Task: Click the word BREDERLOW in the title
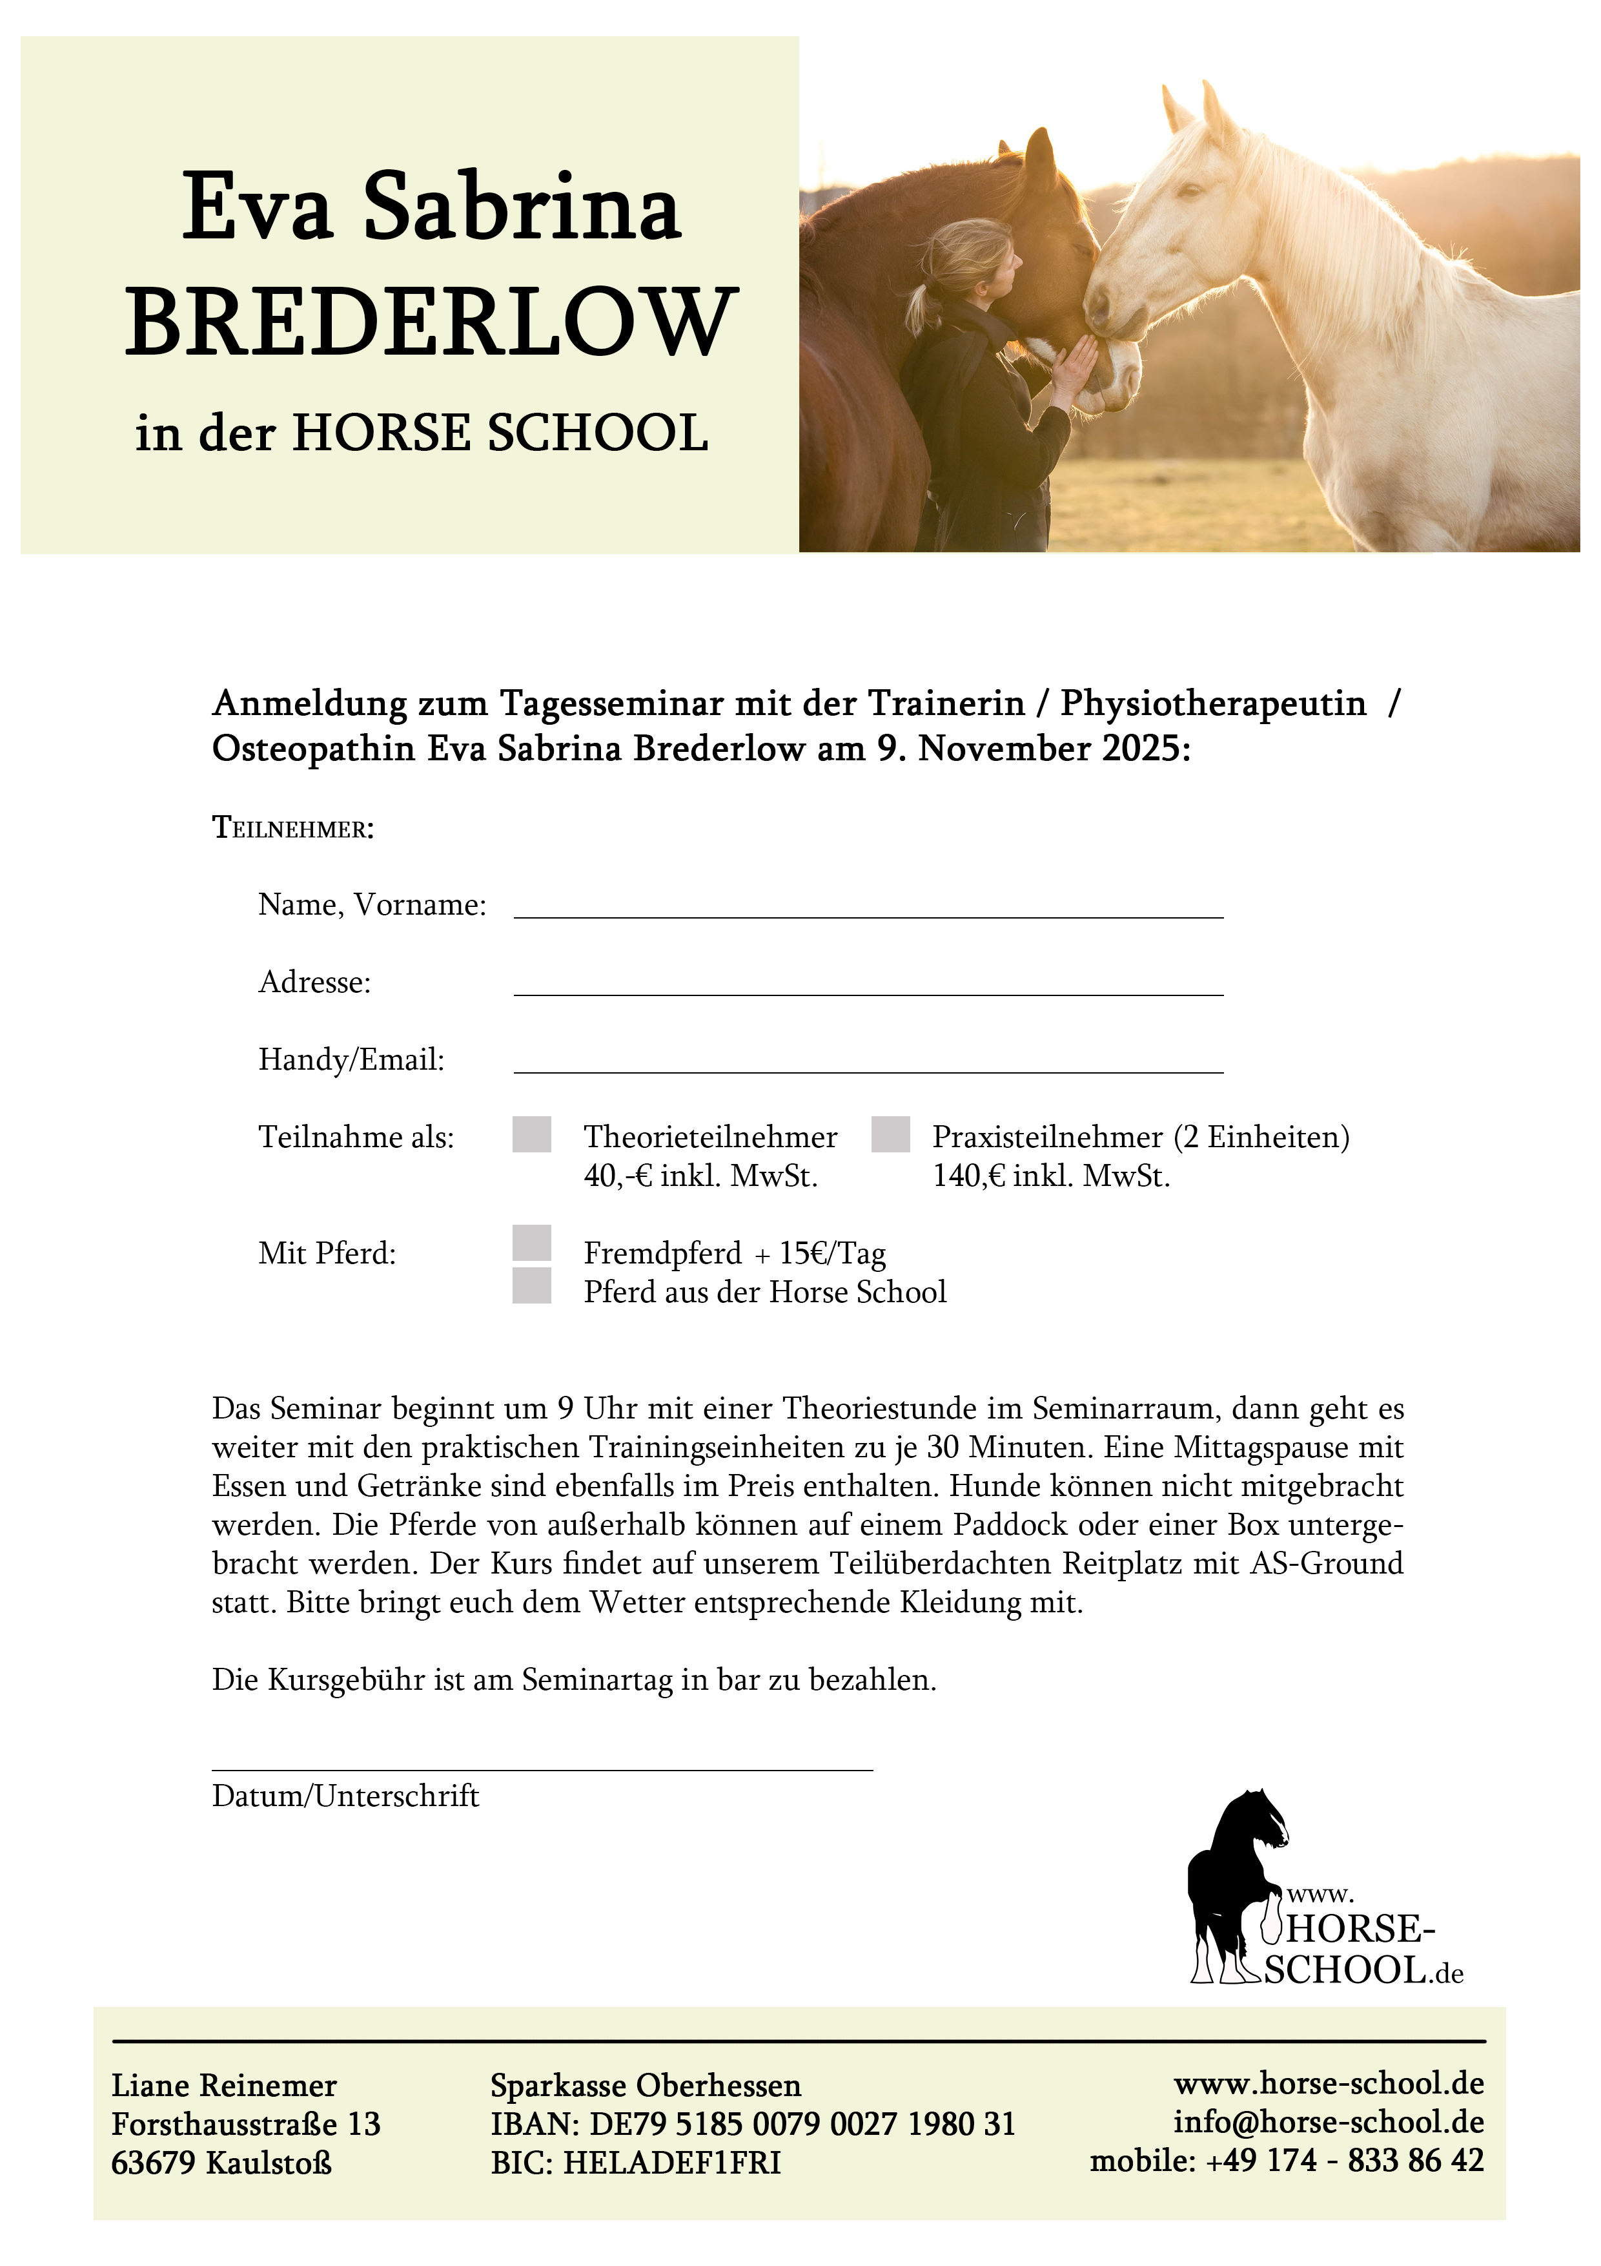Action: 431,323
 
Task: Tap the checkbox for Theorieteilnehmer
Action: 532,1134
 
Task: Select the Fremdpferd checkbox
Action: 532,1243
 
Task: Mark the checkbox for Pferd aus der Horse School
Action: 532,1286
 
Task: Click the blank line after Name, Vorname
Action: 868,910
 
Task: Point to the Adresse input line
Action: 868,988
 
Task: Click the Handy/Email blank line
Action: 868,1065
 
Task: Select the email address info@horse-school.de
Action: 1328,2122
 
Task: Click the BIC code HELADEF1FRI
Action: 672,2163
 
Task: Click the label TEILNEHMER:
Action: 293,828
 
